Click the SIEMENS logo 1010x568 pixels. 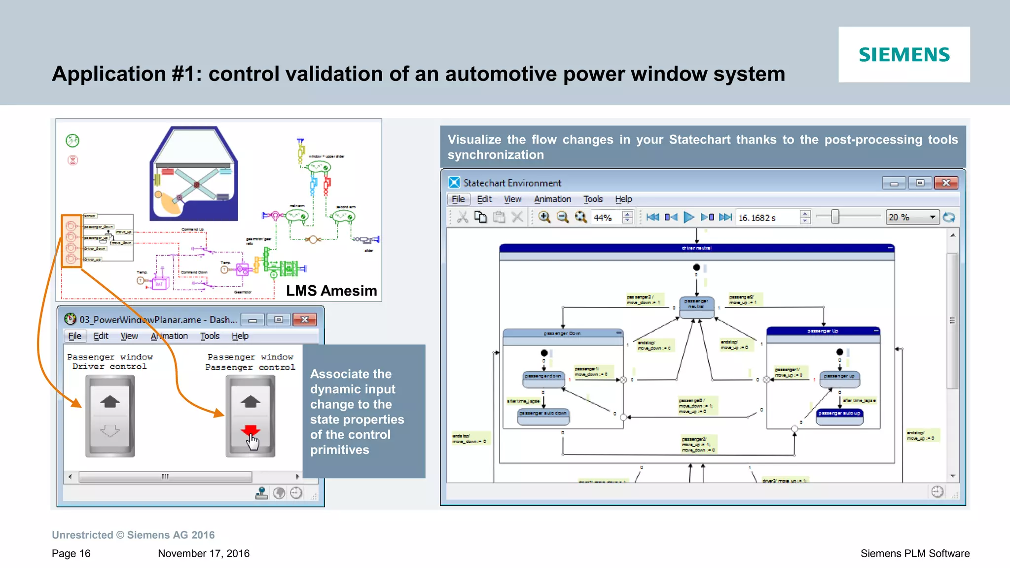904,55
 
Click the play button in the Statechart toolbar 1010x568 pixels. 689,217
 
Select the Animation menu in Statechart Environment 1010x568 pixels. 552,199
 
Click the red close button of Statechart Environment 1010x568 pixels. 945,183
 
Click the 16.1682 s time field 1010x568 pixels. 766,218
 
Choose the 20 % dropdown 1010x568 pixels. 912,217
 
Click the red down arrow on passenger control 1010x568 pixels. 251,430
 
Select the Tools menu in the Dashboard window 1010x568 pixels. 210,336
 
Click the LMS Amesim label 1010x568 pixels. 331,291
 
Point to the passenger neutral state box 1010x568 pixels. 696,304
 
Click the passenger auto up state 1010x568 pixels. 839,414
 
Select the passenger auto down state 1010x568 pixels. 543,414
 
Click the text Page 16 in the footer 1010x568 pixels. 71,553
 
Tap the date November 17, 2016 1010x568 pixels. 204,553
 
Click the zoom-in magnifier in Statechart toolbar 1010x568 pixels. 544,217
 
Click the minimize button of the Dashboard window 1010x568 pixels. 252,320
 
